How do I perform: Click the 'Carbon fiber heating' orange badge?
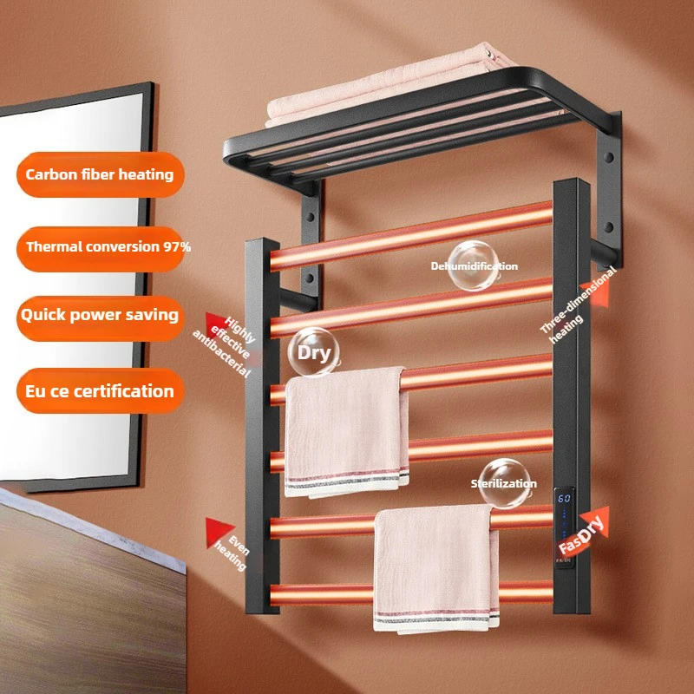99,173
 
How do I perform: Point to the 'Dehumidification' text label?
474,266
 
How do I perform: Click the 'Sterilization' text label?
503,483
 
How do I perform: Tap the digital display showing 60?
563,499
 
